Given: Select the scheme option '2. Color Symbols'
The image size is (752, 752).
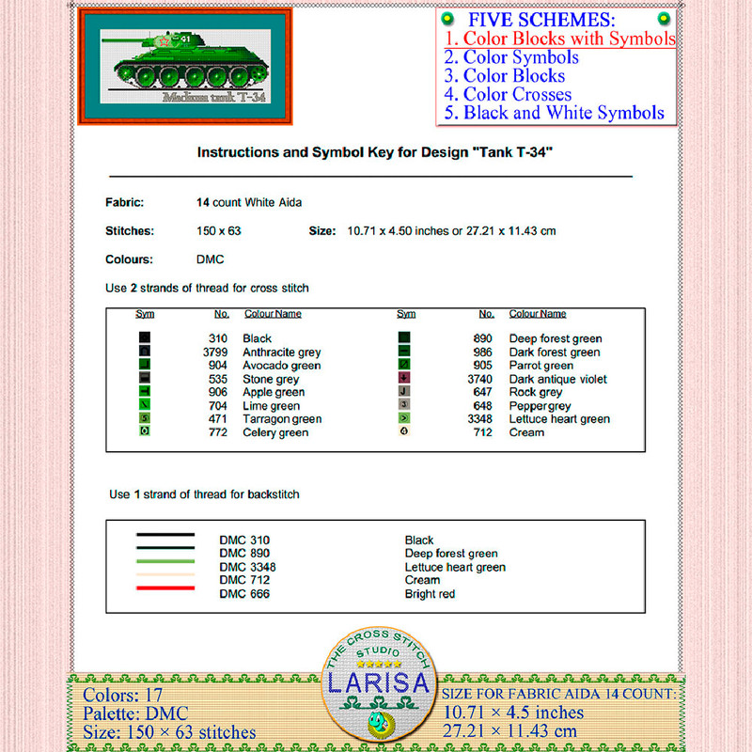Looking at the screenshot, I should coord(511,57).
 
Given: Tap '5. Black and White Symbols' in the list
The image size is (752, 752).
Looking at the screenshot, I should coord(555,113).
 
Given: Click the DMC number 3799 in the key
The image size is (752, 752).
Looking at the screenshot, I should coord(216,352).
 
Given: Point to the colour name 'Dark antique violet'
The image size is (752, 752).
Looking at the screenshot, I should coord(558,380).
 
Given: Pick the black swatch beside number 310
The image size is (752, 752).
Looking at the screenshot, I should coord(145,338).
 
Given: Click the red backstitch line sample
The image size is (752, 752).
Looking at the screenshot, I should coord(165,587).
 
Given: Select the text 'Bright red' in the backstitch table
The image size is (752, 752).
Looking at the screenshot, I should coord(430,594).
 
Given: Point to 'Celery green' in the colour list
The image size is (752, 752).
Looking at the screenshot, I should coord(274,432).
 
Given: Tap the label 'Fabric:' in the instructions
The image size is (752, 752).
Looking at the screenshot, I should coord(124,202).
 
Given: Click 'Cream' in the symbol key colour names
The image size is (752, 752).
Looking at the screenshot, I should coord(526,432).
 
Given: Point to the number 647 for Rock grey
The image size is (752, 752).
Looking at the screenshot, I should coord(484,392).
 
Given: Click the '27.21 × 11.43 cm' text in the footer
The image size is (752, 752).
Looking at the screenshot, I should coord(510,730).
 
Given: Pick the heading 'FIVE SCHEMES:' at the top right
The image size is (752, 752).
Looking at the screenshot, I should coord(542,20).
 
